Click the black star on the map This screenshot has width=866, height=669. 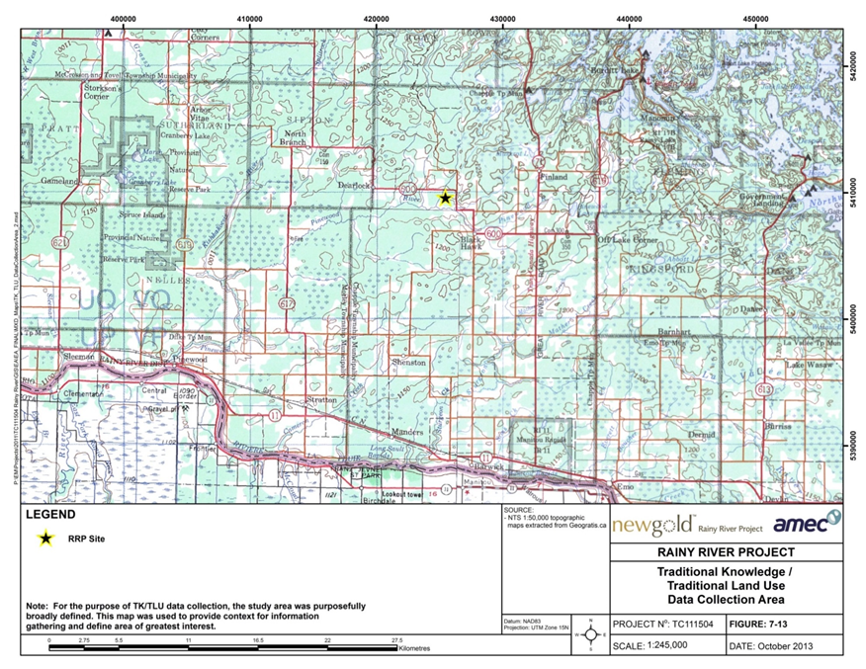pos(445,198)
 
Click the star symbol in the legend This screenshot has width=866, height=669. pos(44,540)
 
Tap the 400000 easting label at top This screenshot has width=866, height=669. pos(124,18)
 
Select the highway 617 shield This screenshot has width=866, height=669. pos(287,301)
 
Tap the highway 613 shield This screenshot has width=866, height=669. pos(762,390)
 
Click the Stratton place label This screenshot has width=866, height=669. pos(321,401)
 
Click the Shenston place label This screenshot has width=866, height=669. pos(407,363)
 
